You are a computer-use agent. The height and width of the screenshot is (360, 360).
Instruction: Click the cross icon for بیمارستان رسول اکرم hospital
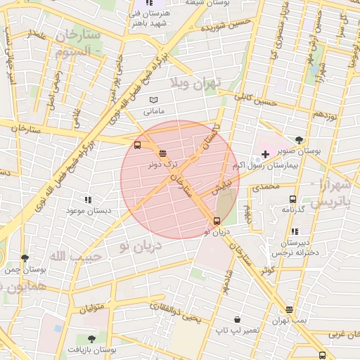264,154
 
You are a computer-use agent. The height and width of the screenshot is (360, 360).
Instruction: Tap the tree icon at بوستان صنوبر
300,140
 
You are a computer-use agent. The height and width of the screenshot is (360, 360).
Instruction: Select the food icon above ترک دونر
163,153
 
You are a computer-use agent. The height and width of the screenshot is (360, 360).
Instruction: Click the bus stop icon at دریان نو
216,221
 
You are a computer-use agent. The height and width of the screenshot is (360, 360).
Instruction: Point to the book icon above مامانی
153,101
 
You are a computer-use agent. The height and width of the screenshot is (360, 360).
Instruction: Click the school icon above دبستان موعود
87,200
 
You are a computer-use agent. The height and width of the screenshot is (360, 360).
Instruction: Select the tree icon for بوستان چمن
25,258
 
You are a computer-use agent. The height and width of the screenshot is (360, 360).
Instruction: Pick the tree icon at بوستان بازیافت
91,338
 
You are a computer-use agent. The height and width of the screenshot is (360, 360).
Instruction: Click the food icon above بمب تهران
290,309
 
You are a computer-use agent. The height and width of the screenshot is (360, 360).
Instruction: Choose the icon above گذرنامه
292,199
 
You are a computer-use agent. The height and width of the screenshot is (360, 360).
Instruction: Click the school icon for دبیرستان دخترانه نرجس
295,231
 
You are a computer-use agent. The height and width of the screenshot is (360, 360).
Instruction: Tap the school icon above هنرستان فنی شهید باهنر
148,4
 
